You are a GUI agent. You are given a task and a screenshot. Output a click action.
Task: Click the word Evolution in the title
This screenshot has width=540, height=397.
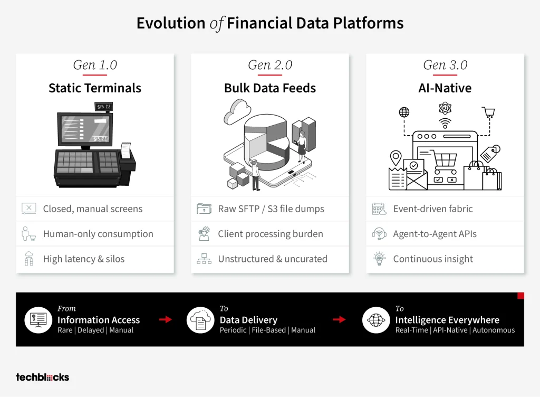171,23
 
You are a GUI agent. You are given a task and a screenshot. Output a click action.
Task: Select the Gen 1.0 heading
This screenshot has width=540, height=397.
95,65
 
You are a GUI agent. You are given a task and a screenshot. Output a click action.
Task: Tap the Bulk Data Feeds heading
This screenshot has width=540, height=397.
270,88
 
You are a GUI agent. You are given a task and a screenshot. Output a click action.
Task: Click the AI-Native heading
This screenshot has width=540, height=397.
445,88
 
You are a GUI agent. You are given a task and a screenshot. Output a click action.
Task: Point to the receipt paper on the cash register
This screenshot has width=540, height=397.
126,150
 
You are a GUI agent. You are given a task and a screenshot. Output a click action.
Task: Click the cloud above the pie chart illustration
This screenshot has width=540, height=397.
238,111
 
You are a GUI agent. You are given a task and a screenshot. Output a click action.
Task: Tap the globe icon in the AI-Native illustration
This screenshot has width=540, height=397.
404,112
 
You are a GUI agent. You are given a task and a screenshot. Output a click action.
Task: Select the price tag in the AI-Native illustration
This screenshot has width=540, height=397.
490,153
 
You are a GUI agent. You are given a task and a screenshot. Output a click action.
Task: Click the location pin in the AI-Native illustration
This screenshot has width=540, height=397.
396,159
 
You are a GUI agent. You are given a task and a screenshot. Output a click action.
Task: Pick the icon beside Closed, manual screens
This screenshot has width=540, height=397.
29,209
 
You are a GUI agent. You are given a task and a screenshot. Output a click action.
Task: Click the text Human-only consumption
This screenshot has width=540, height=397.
98,234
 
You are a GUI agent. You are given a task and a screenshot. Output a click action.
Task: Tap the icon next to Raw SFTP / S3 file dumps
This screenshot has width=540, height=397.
204,209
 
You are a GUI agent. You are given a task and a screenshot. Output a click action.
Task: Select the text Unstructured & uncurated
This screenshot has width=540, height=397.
273,259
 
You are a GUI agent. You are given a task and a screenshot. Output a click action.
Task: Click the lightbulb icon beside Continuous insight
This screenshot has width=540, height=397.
379,259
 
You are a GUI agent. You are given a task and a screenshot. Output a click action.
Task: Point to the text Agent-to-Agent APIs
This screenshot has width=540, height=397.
435,234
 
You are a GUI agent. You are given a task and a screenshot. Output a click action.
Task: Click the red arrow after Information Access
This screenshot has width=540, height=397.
165,319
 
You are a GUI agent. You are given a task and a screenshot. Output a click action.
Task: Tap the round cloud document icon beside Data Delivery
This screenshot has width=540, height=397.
200,320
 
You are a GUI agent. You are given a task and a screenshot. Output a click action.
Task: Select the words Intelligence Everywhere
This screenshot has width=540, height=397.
447,320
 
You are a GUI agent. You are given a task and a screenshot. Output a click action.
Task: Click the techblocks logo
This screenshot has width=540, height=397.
42,377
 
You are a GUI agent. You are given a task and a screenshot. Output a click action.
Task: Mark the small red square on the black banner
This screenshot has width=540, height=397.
520,296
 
